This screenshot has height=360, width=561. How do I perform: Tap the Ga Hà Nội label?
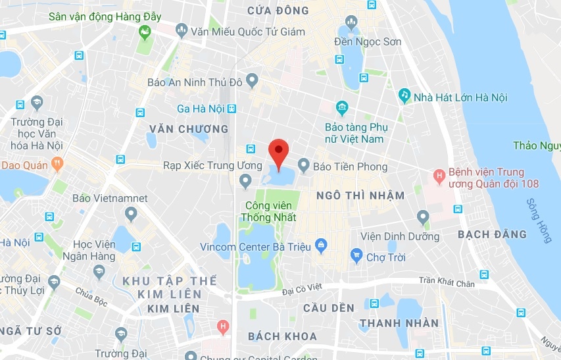201,109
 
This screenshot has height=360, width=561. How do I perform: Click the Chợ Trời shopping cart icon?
356,255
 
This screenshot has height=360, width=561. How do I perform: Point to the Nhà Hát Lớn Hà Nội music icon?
404,96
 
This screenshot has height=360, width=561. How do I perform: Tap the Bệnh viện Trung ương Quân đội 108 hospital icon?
438,176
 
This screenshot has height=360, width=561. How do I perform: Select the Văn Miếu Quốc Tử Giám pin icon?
180,30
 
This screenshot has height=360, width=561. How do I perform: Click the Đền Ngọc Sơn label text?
367,42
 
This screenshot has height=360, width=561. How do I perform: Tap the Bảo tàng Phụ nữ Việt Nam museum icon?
341,107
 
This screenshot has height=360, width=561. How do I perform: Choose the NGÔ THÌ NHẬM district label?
360,195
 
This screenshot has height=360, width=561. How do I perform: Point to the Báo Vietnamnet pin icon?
130,213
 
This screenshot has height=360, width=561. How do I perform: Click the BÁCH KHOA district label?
282,336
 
